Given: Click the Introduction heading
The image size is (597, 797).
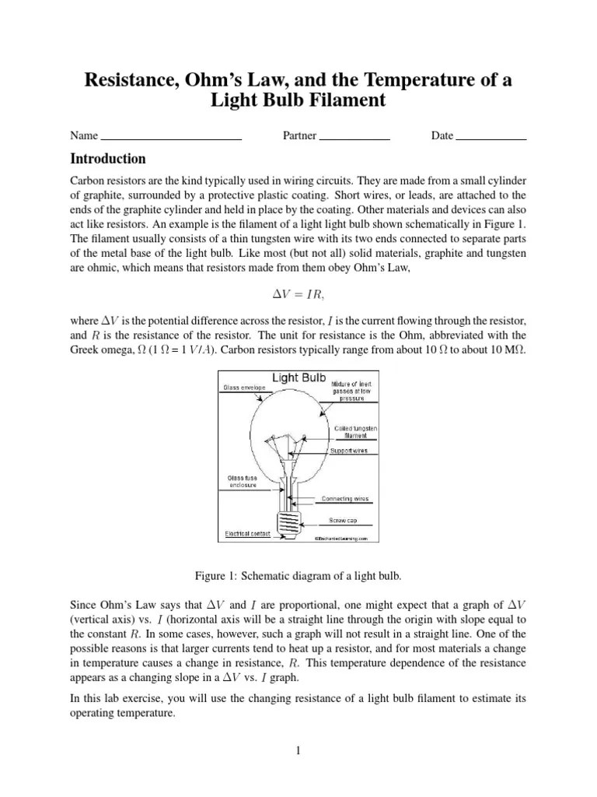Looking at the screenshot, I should [108, 160].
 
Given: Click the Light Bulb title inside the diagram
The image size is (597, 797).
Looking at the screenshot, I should [298, 378].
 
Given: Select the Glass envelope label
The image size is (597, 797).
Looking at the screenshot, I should [245, 387].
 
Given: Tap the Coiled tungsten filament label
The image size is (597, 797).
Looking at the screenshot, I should [356, 431].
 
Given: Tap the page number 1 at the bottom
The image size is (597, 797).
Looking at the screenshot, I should [298, 750].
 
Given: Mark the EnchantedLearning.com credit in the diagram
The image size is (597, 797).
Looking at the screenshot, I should [345, 537].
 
